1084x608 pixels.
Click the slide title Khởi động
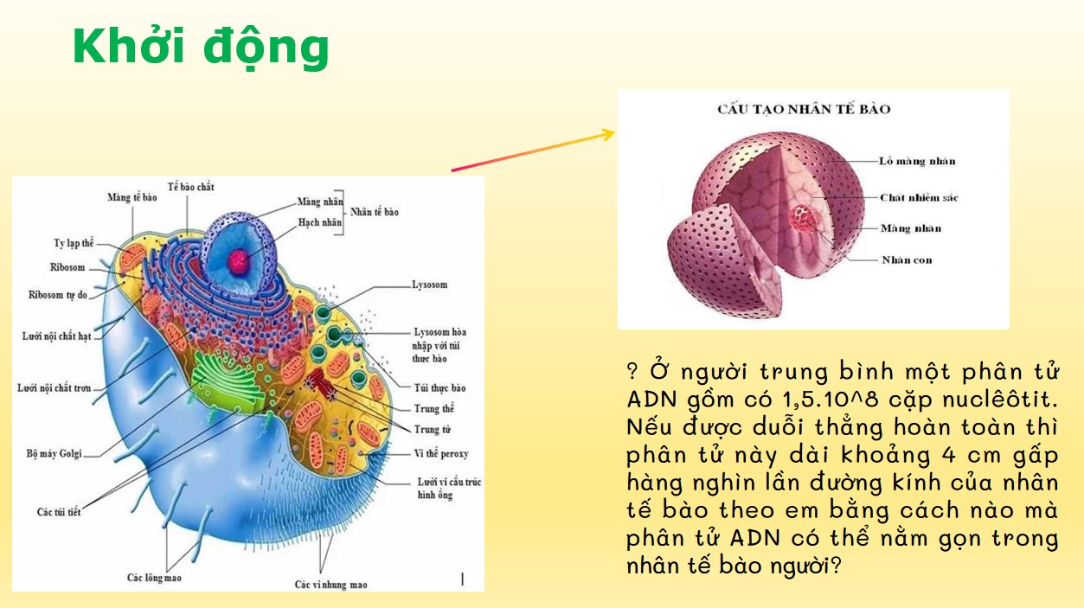[201, 47]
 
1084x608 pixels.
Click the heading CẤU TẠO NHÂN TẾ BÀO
[804, 109]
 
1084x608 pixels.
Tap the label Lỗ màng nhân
[917, 162]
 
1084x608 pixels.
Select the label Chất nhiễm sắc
[919, 198]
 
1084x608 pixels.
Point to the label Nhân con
[907, 259]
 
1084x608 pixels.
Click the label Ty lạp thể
[74, 243]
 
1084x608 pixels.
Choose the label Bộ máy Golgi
[54, 453]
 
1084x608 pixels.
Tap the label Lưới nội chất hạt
[56, 336]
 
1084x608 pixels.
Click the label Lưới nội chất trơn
[55, 388]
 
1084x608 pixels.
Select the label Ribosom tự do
[57, 295]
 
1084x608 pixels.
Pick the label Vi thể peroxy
[441, 453]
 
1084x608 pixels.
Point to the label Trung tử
[432, 429]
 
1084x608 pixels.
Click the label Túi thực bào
[439, 388]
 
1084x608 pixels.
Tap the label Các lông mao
[154, 577]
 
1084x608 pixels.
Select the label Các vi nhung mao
[330, 585]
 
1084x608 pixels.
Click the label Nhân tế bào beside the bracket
[375, 212]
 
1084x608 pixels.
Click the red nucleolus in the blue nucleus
[237, 259]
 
